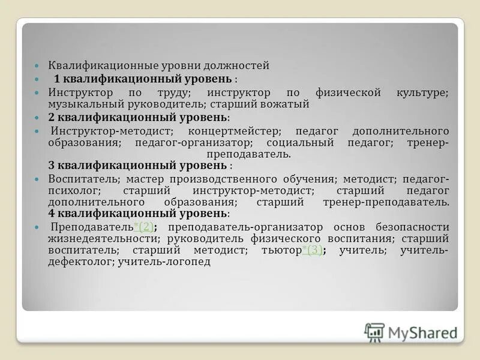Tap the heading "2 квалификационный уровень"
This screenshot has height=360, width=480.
pyautogui.click(x=137, y=116)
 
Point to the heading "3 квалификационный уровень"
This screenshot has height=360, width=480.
pyautogui.click(x=137, y=164)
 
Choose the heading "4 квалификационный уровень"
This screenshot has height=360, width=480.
pyautogui.click(x=137, y=213)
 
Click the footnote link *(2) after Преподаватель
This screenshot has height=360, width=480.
pyautogui.click(x=144, y=227)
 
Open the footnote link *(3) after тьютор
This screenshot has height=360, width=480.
pyautogui.click(x=312, y=250)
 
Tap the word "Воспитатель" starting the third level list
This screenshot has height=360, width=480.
pyautogui.click(x=76, y=179)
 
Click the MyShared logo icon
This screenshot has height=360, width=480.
pyautogui.click(x=374, y=332)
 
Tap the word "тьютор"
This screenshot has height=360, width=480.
pyautogui.click(x=281, y=250)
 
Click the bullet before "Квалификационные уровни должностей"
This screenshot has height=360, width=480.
pyautogui.click(x=37, y=65)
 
